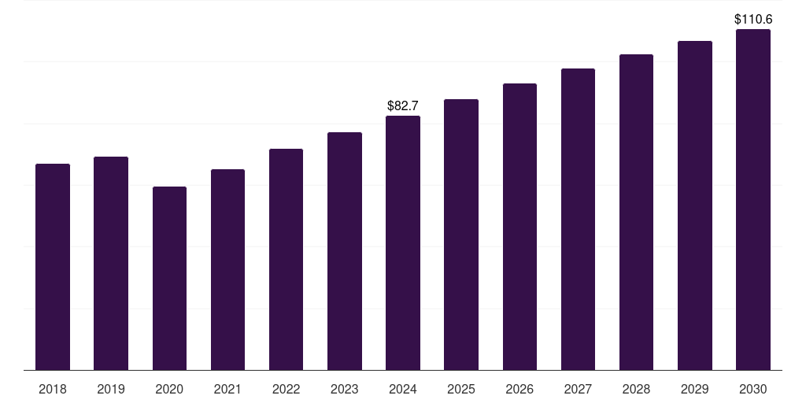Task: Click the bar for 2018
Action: pyautogui.click(x=53, y=267)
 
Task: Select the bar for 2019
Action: pyautogui.click(x=111, y=263)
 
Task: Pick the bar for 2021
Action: pyautogui.click(x=227, y=269)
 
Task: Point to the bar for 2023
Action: pyautogui.click(x=345, y=251)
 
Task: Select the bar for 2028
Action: pyautogui.click(x=636, y=212)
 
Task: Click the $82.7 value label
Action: pyautogui.click(x=403, y=105)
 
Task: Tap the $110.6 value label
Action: pyautogui.click(x=753, y=18)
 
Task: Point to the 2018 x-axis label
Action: pyautogui.click(x=53, y=389)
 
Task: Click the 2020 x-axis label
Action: pyautogui.click(x=169, y=389)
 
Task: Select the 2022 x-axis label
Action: pyautogui.click(x=286, y=389)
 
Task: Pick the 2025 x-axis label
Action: pyautogui.click(x=461, y=389)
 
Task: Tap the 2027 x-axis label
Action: pyautogui.click(x=578, y=389)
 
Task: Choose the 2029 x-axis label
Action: pyautogui.click(x=695, y=389)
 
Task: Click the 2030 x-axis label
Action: pyautogui.click(x=753, y=389)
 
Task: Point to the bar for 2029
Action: pyautogui.click(x=695, y=205)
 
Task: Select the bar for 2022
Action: pyautogui.click(x=286, y=259)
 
